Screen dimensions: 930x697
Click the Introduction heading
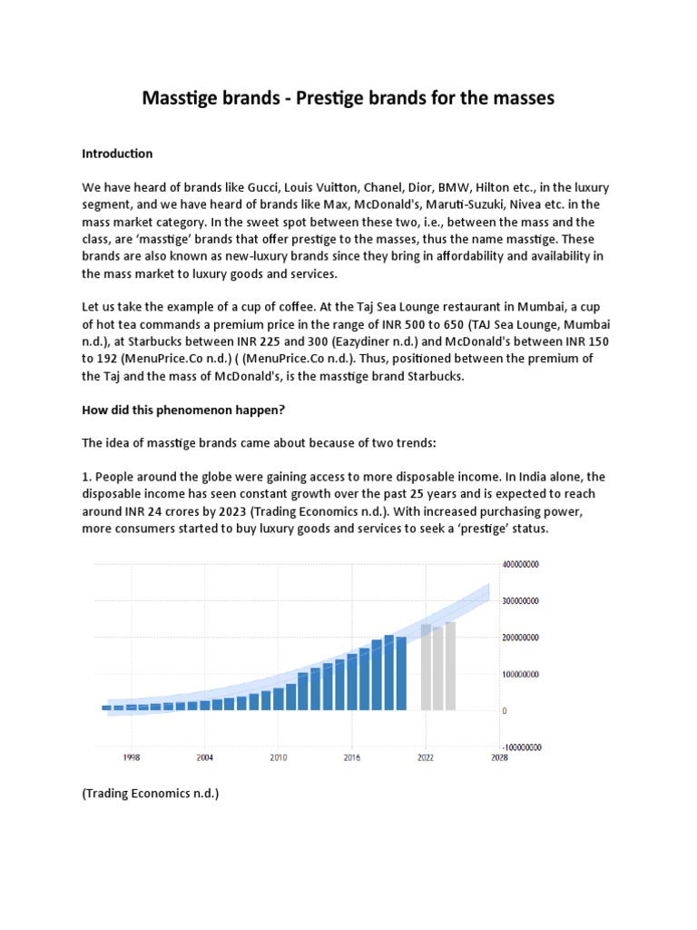tap(117, 153)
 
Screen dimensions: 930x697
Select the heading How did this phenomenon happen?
tap(183, 410)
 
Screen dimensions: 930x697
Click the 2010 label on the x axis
tap(278, 756)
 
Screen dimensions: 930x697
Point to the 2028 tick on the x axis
tap(498, 756)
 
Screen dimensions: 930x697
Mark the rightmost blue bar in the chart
tap(401, 673)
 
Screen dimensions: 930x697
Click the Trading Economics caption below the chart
tap(150, 794)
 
